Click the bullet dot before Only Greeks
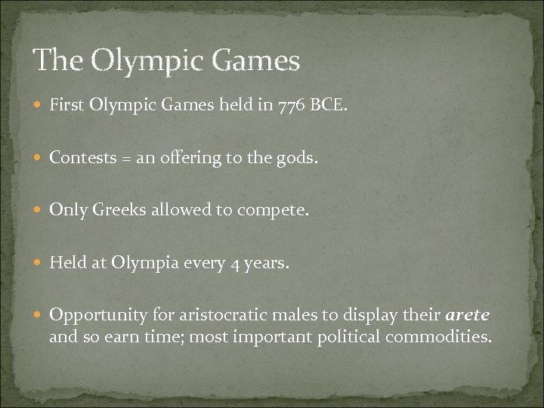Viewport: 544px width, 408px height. [39, 209]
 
